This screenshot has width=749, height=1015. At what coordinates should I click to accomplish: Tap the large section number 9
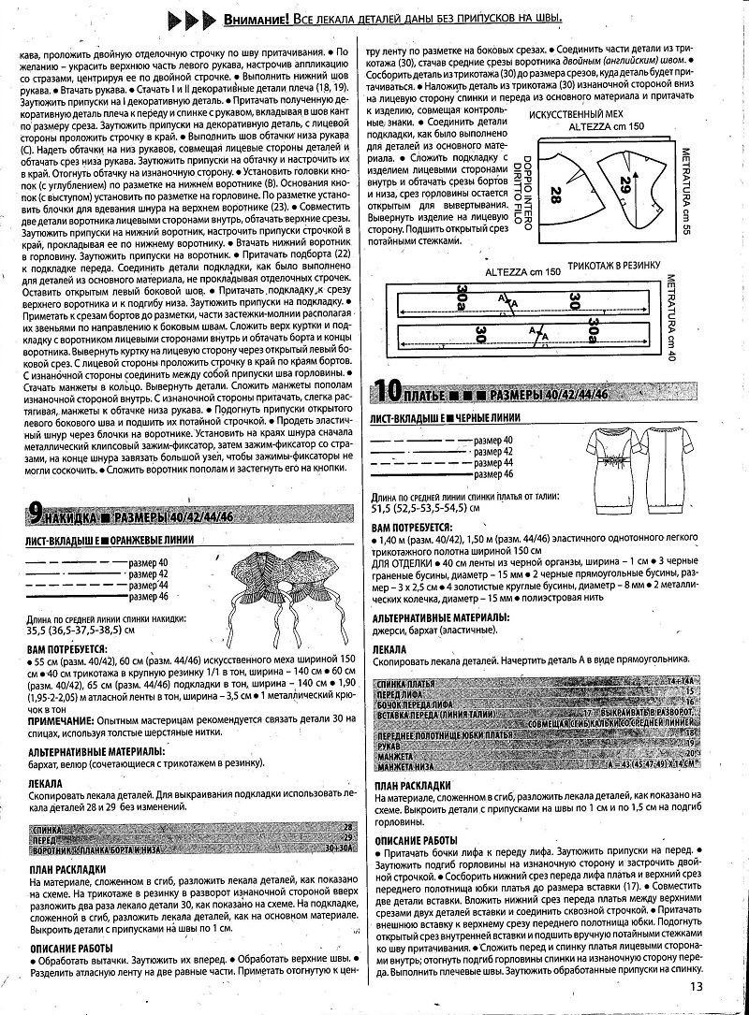(x=35, y=512)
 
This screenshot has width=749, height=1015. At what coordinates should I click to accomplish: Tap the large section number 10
(x=389, y=388)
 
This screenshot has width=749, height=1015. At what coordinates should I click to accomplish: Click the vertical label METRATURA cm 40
(x=723, y=318)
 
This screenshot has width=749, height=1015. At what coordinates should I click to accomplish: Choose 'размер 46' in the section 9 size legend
(x=148, y=596)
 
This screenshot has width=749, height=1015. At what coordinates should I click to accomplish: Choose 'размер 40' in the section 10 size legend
(x=494, y=439)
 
